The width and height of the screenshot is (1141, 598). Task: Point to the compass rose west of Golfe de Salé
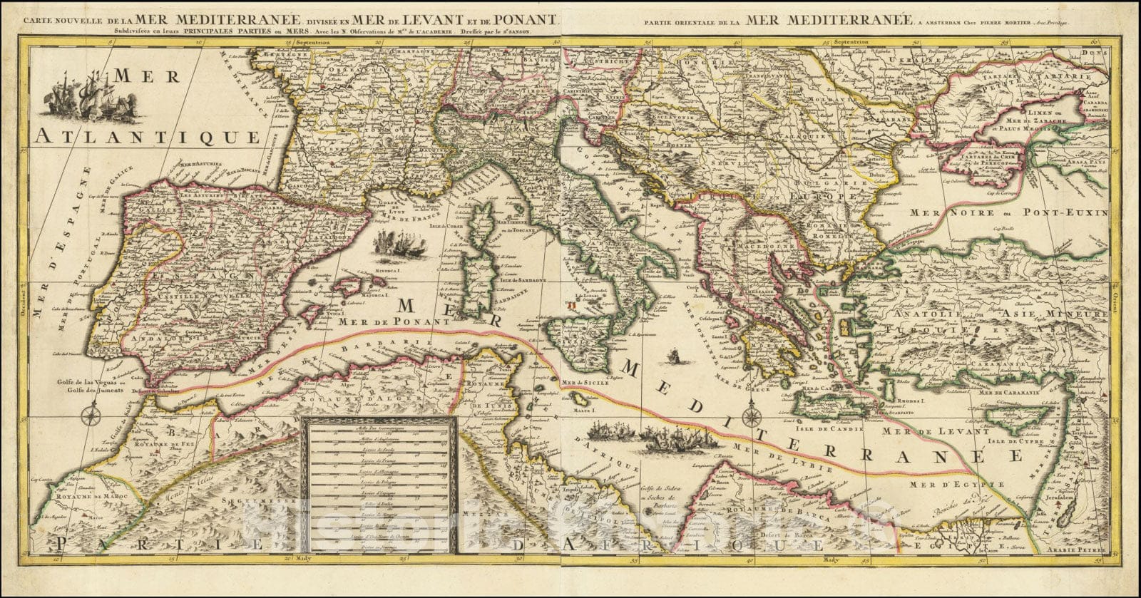click(89, 414)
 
